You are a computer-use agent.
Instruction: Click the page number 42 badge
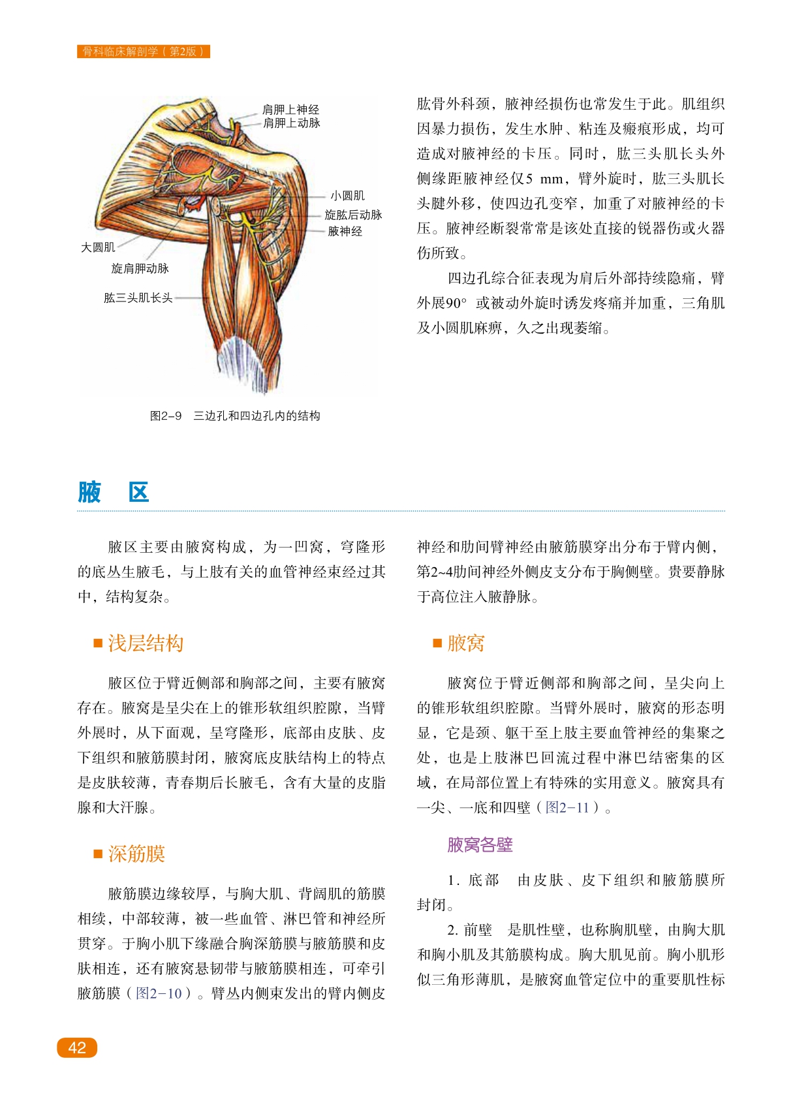(77, 1047)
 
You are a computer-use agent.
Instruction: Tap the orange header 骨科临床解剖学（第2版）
(144, 52)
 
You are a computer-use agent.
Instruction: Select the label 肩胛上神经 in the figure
(290, 110)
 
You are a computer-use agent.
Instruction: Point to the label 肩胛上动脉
(291, 123)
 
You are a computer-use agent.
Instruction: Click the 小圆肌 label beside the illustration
(347, 196)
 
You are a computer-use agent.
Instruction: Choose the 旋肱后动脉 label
(353, 215)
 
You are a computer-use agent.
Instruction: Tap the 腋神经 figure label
(345, 231)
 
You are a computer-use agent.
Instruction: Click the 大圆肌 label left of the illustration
(98, 247)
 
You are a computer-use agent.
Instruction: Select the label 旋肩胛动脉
(140, 268)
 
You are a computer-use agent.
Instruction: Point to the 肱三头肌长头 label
(138, 298)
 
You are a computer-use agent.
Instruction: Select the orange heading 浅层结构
(146, 643)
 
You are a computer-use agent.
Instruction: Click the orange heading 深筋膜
(136, 854)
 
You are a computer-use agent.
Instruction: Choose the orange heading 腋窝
(465, 643)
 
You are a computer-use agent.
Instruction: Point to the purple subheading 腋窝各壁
(480, 844)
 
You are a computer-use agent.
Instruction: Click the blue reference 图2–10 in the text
(159, 993)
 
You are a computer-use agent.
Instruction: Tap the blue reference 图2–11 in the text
(567, 807)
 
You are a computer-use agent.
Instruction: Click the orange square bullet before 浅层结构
(98, 643)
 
